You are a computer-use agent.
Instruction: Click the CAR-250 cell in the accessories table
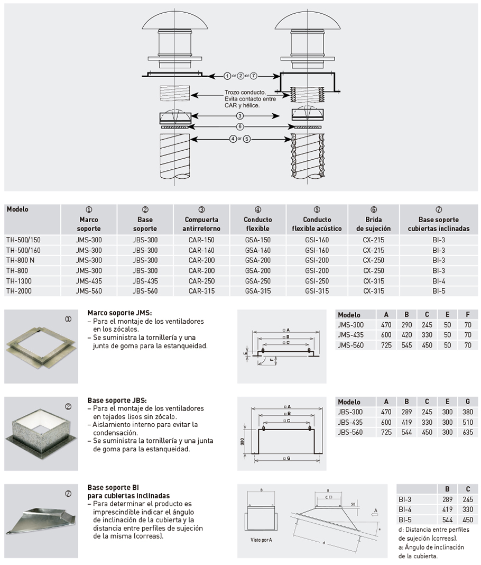pos(201,280)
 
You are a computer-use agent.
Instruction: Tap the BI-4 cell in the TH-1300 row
pos(438,280)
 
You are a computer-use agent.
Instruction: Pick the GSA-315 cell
pos(258,291)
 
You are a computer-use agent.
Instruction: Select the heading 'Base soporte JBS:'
pos(117,400)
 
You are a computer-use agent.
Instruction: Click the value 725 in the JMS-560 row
pos(386,345)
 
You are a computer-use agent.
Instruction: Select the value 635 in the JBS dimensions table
pos(467,432)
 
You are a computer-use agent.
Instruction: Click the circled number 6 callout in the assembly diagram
pos(240,127)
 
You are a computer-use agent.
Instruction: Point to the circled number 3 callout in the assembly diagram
pos(240,115)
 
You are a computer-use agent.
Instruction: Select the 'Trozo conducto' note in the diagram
pos(245,98)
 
